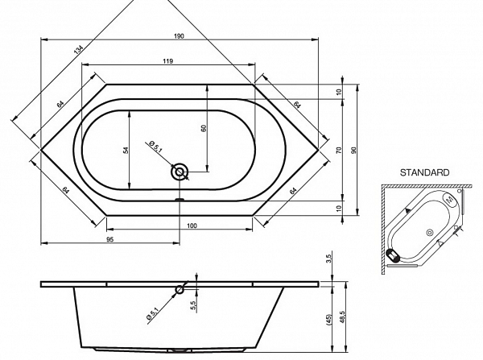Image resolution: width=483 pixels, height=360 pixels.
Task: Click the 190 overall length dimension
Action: [x=179, y=36]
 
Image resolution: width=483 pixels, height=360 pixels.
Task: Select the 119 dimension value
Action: [x=167, y=61]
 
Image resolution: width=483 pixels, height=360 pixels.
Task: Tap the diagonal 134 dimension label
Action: [x=79, y=50]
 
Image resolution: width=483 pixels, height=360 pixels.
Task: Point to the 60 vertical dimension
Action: [x=204, y=127]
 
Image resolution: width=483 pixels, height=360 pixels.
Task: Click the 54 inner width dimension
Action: [x=126, y=150]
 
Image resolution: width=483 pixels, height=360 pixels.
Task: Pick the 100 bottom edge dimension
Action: [x=192, y=226]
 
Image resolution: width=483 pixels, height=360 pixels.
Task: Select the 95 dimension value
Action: [x=110, y=239]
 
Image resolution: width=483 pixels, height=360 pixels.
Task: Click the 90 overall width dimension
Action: [x=353, y=151]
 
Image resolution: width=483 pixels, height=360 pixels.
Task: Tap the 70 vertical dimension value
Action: [x=339, y=151]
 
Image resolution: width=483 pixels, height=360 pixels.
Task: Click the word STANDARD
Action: [x=424, y=172]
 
